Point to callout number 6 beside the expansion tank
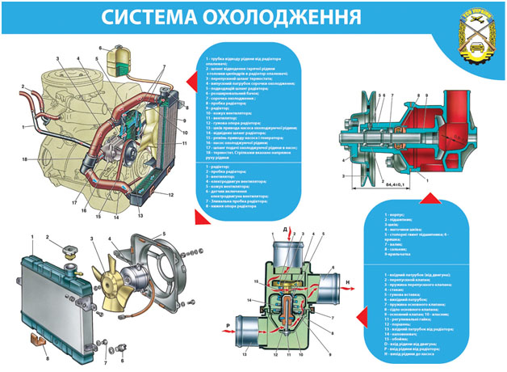point(102,48)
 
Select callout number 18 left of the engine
point(25,159)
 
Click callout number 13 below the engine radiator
point(140,218)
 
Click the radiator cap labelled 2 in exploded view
point(64,245)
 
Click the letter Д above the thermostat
point(285,230)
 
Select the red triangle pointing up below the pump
point(429,198)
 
